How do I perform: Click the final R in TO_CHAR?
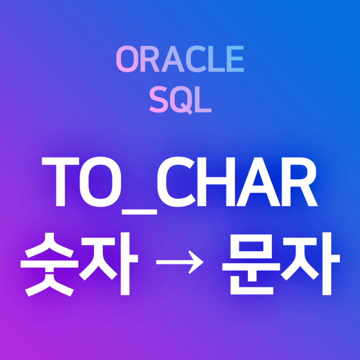click(x=298, y=183)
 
